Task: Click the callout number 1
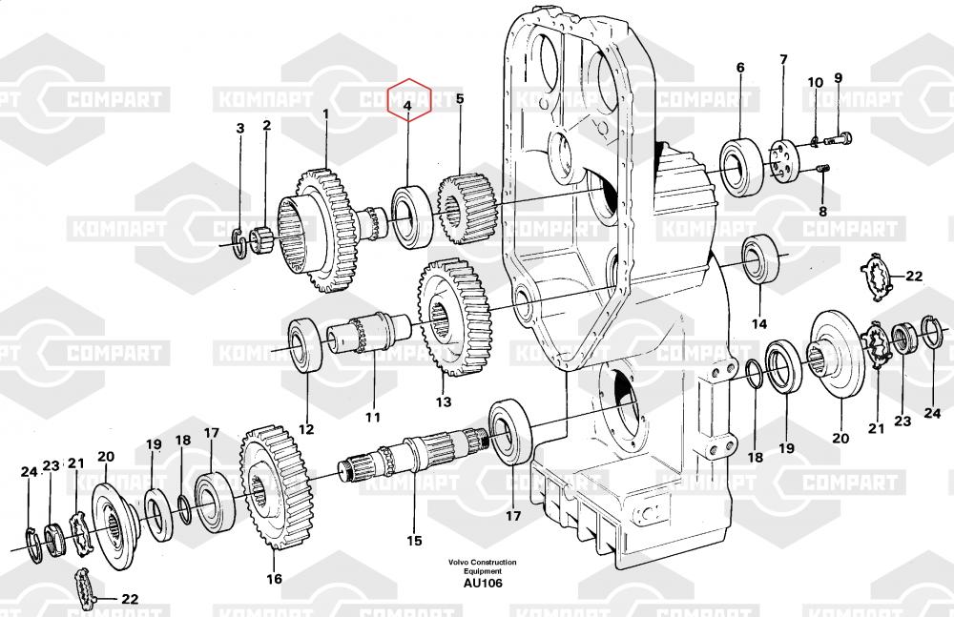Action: click(325, 114)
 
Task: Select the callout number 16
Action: click(274, 579)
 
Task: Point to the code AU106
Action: click(483, 584)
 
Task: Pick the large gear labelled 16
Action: click(278, 487)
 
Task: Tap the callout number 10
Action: click(815, 83)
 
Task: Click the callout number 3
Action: click(240, 129)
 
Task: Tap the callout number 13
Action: click(444, 401)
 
